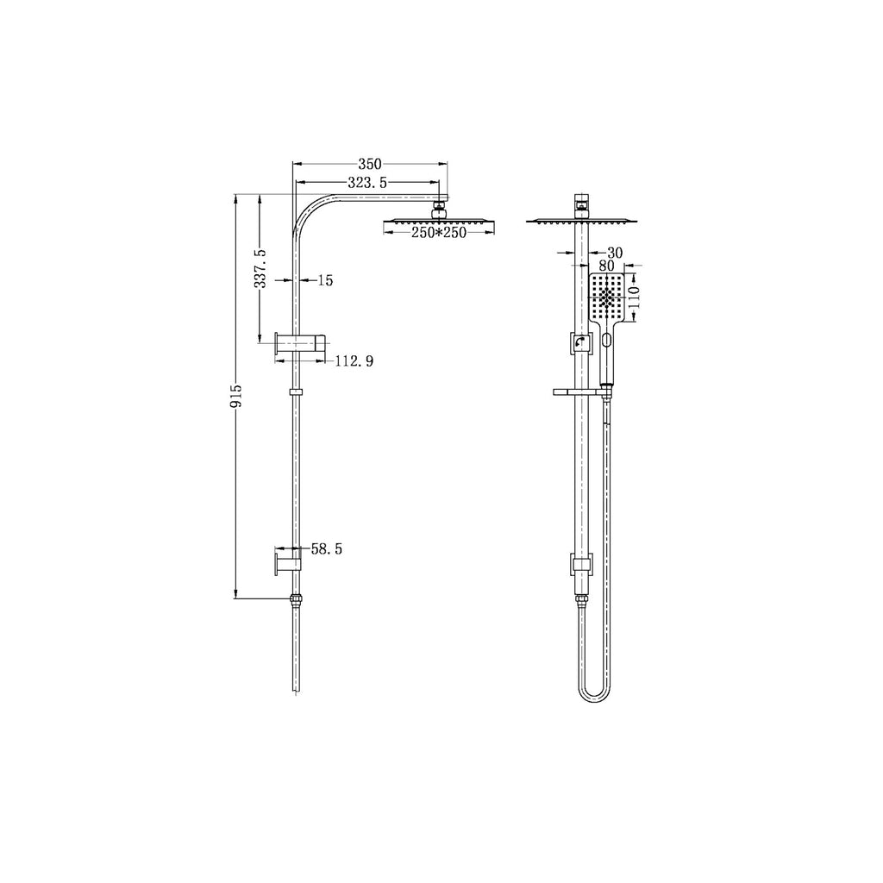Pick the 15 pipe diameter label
click(325, 280)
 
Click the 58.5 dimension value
click(326, 549)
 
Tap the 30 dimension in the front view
click(615, 253)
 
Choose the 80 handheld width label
click(607, 266)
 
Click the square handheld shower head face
click(607, 298)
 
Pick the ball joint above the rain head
click(439, 207)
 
